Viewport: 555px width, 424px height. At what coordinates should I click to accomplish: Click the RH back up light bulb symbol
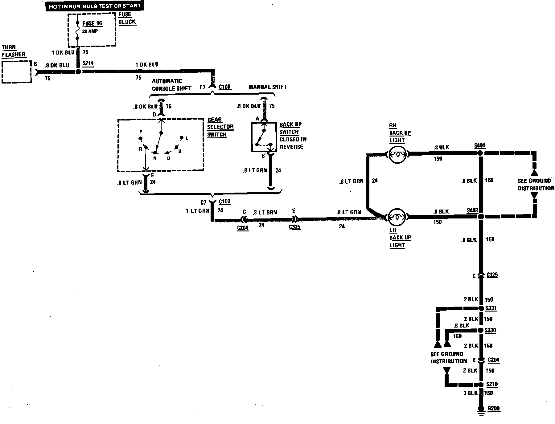tap(397, 154)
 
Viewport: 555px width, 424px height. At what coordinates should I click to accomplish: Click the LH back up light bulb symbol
tap(397, 217)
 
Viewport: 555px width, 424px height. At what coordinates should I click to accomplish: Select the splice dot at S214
tap(78, 71)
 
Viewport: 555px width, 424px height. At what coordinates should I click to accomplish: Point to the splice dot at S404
tap(480, 153)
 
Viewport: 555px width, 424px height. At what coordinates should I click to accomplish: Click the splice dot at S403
tap(480, 217)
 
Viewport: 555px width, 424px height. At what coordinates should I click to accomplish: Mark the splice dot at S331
tap(480, 308)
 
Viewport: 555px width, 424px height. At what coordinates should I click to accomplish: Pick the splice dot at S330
tap(480, 330)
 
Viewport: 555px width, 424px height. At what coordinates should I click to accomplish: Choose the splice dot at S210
tap(480, 385)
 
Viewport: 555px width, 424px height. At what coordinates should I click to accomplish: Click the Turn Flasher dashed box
tap(17, 72)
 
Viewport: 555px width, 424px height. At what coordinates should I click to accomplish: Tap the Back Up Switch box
tap(264, 137)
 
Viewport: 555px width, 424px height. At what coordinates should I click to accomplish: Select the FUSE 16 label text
tap(92, 23)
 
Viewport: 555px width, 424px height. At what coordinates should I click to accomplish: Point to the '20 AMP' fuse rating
tap(90, 31)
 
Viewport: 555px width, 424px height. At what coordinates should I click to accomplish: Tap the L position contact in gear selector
tap(182, 138)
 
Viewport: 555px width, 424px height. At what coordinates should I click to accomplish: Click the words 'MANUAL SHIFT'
tap(268, 87)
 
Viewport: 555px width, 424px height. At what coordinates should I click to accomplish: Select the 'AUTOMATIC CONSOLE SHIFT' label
tap(171, 85)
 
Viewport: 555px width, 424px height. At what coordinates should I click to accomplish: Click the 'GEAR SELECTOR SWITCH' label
tap(220, 127)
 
